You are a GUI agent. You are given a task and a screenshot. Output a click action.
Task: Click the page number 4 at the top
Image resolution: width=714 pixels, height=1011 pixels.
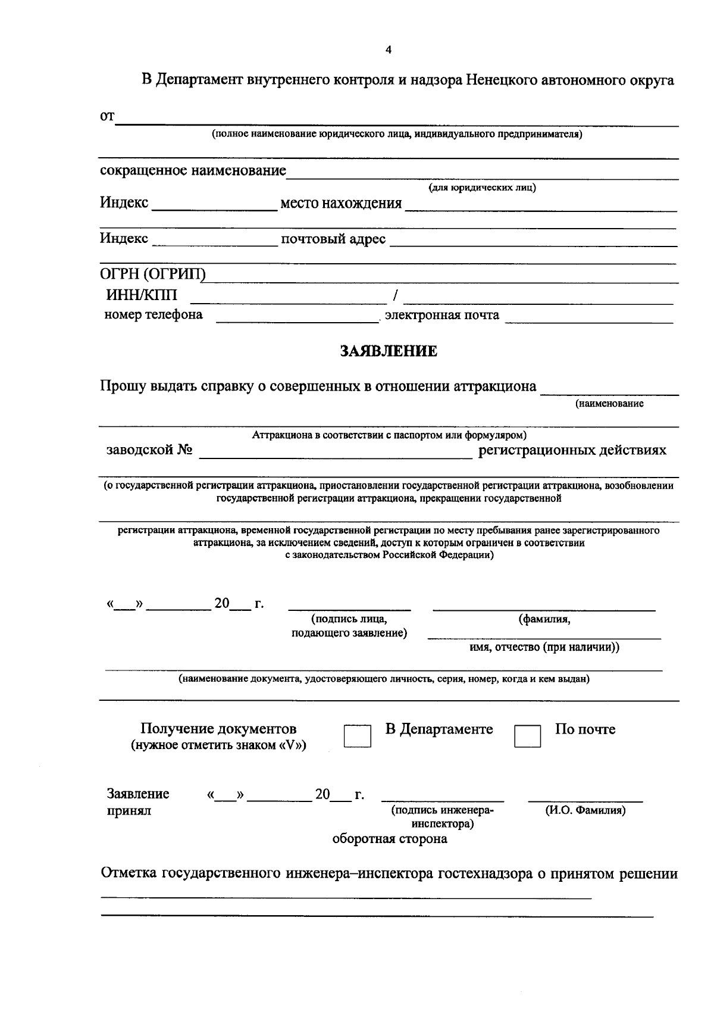(x=389, y=50)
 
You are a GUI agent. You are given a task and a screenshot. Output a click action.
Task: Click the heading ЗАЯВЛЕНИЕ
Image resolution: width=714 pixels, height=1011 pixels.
(x=389, y=351)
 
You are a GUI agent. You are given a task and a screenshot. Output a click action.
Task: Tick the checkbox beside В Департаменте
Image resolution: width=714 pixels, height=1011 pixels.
(x=357, y=736)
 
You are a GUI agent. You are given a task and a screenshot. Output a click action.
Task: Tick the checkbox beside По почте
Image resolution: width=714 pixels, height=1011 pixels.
(x=527, y=736)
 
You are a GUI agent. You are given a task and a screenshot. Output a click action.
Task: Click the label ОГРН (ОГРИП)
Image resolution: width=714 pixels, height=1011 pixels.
(x=152, y=274)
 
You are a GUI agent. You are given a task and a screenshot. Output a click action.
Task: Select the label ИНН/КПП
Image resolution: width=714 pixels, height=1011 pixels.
(x=141, y=295)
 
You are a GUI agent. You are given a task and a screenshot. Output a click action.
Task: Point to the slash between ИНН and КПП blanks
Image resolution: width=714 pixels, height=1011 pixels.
(x=396, y=295)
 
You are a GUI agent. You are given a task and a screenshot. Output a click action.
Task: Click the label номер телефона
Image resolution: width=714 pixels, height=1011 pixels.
(x=154, y=314)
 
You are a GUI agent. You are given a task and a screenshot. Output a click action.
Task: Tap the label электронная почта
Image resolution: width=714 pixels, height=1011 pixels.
(x=442, y=315)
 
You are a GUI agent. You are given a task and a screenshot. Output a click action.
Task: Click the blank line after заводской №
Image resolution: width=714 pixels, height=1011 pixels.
(x=335, y=453)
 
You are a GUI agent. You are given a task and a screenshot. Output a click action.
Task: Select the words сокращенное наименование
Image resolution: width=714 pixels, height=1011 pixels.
(x=193, y=171)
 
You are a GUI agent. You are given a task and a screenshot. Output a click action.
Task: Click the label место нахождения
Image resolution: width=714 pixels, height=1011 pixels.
(x=341, y=204)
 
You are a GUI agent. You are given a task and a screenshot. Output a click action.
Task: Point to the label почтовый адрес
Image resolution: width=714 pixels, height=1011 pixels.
(x=333, y=239)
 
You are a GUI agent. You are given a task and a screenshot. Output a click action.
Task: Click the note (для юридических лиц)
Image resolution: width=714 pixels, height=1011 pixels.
(x=482, y=188)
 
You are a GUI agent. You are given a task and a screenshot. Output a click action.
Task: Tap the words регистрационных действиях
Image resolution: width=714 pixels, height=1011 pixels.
(x=572, y=450)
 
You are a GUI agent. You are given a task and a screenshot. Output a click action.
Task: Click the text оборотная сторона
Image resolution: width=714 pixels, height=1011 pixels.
(x=390, y=839)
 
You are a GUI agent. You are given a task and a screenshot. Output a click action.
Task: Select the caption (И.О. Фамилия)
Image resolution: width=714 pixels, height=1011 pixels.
(x=585, y=810)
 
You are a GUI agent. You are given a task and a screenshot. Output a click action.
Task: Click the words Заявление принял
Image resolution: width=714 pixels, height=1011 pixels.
(x=138, y=802)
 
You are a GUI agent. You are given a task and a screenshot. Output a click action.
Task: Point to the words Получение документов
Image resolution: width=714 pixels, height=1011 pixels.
(x=218, y=729)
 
